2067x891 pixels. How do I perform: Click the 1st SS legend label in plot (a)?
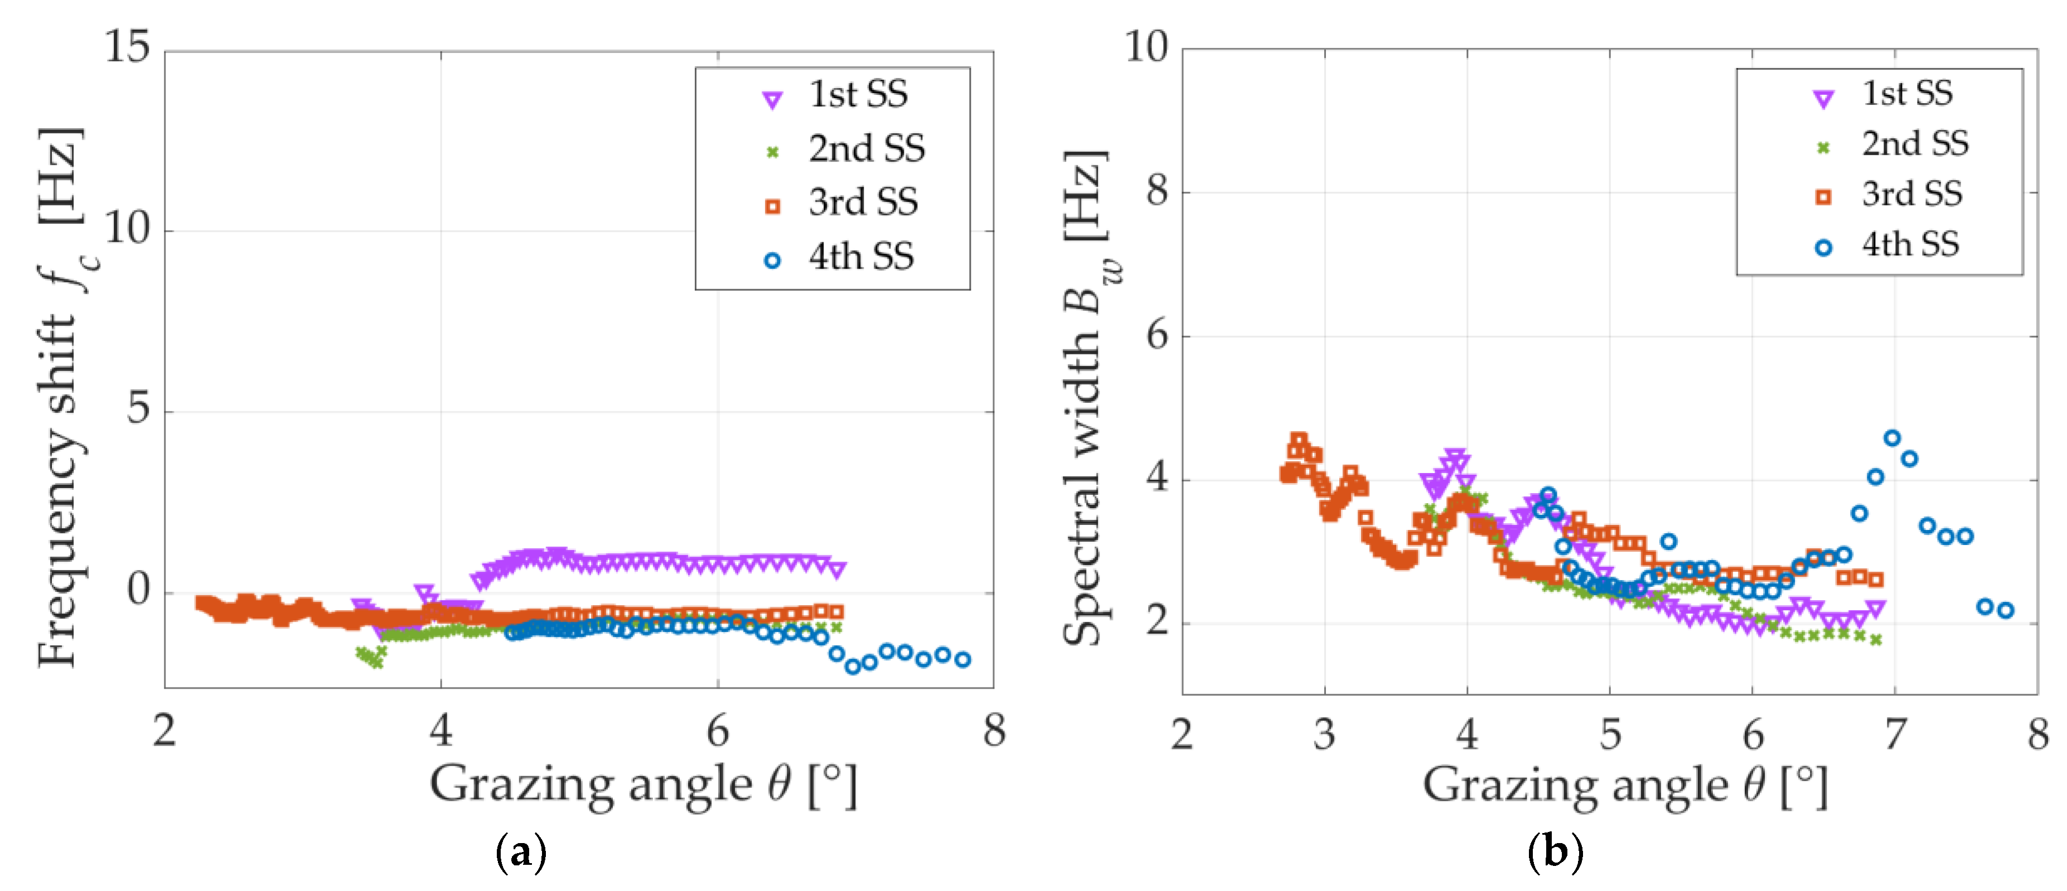coord(858,95)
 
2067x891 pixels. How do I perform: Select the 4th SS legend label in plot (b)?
coord(1910,245)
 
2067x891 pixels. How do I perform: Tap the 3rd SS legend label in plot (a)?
coord(863,202)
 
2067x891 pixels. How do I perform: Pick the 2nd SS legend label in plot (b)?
coord(1915,144)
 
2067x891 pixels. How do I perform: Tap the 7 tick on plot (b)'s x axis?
coord(1895,734)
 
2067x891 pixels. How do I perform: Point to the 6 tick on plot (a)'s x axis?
coord(718,731)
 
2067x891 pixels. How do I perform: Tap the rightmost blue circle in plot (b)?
coord(2005,610)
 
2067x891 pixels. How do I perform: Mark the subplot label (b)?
coord(1554,851)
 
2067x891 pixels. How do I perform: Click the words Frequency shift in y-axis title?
coord(58,489)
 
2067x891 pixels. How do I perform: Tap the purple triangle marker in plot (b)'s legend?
coord(1823,99)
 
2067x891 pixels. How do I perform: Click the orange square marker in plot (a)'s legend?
coord(772,207)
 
